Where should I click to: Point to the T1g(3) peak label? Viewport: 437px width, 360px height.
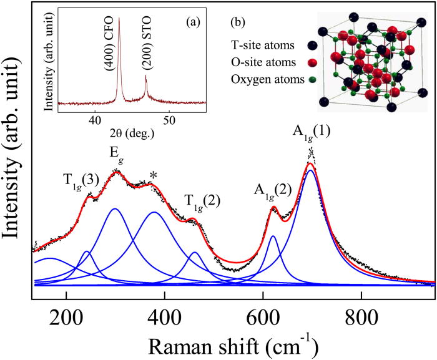[81, 180]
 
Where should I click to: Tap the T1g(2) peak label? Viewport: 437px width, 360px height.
[202, 200]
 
